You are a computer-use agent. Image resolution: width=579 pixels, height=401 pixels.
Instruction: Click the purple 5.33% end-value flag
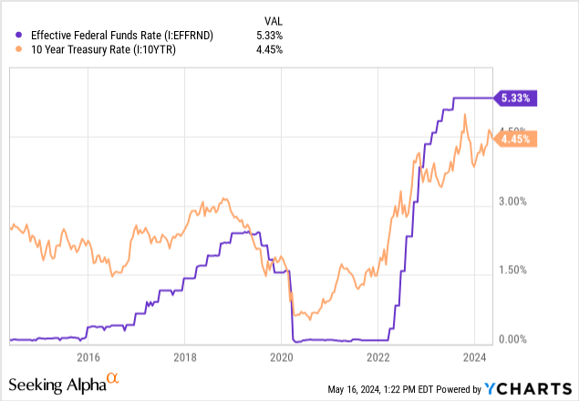(518, 97)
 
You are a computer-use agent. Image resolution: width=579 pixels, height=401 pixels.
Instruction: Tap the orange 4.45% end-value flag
(518, 140)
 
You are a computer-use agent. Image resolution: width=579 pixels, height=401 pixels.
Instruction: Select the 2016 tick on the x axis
(88, 357)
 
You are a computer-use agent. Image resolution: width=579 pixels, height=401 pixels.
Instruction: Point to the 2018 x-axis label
(185, 357)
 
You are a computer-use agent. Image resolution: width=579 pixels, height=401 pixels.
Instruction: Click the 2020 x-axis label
(282, 357)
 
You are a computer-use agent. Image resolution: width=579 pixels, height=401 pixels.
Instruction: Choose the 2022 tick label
(378, 357)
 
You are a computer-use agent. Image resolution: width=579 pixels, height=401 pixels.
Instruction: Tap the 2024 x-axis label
(475, 357)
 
